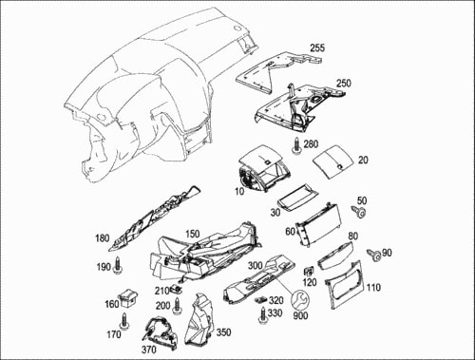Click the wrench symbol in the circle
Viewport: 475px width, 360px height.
pos(300,300)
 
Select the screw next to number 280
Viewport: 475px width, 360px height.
pos(296,146)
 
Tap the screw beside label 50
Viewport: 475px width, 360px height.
pos(358,211)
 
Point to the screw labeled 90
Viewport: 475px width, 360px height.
pos(373,255)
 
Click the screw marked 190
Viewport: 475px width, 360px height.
pos(118,264)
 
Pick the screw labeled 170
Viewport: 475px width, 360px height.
pos(124,321)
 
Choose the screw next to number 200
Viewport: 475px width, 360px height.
pos(178,306)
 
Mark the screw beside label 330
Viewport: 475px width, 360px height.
pos(263,315)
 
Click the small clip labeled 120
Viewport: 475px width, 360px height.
pos(309,272)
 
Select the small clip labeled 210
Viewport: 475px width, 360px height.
pos(177,289)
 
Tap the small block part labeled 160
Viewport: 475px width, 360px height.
pos(128,298)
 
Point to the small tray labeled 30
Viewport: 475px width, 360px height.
pos(297,197)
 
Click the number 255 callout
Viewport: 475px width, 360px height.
pos(317,47)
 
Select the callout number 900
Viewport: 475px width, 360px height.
pos(300,315)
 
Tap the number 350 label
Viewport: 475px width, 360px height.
pos(223,332)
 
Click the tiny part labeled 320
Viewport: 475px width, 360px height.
pos(260,299)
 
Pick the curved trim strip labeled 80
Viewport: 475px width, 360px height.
pos(335,256)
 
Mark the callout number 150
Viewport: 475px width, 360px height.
pos(193,234)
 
